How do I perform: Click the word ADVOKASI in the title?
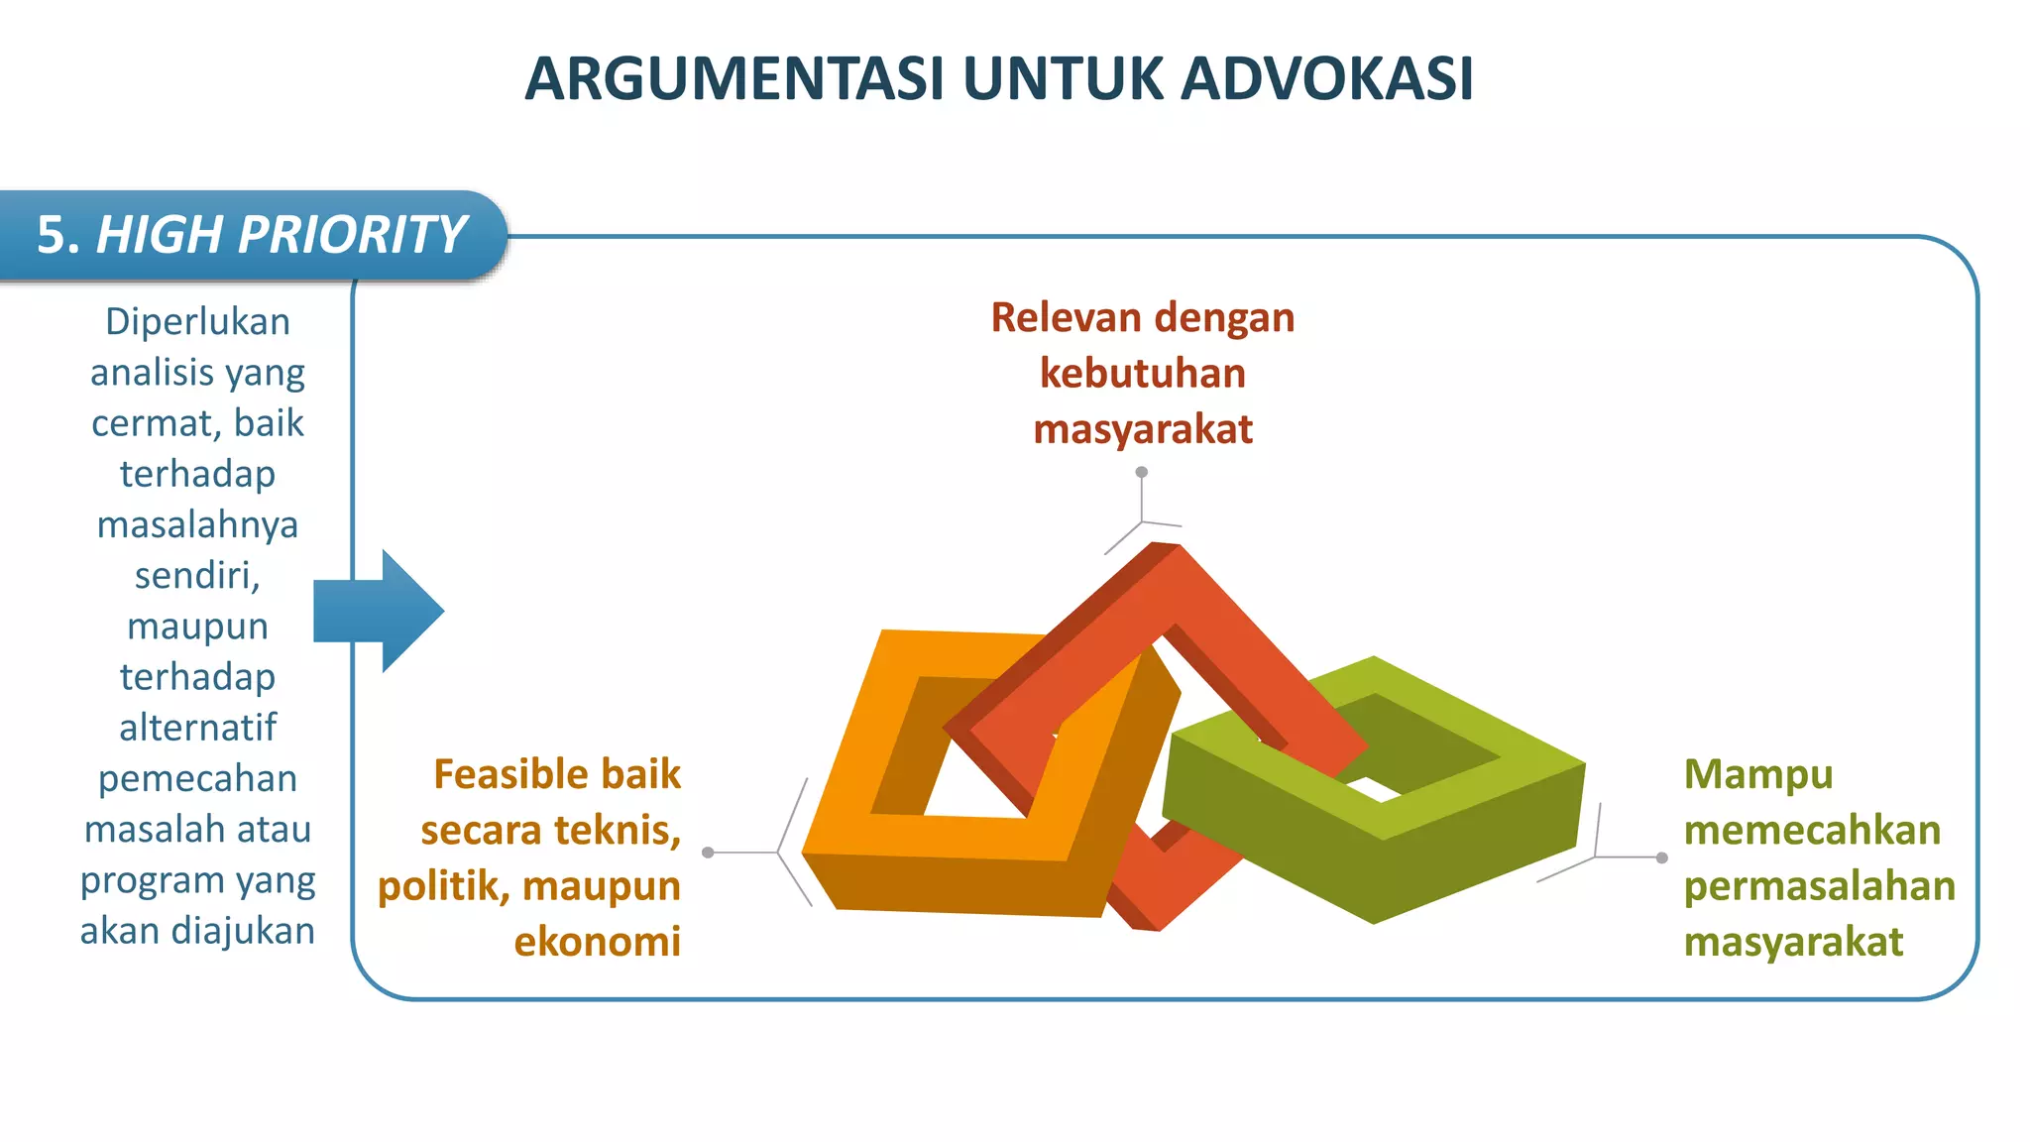click(x=1327, y=79)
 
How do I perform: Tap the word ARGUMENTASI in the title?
click(x=734, y=79)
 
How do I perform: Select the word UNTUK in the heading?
click(x=1064, y=79)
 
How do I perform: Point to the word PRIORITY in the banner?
click(x=351, y=236)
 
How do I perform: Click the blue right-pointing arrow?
click(x=382, y=612)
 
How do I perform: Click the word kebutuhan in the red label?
click(x=1142, y=374)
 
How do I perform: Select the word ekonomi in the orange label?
click(x=597, y=942)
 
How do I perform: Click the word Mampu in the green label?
click(x=1758, y=774)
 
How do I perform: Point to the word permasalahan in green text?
click(x=1819, y=886)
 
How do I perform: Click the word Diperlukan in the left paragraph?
click(x=197, y=322)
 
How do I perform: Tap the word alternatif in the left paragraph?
click(x=197, y=728)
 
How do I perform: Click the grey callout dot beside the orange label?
click(x=708, y=853)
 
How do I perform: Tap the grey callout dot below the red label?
click(x=1142, y=472)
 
